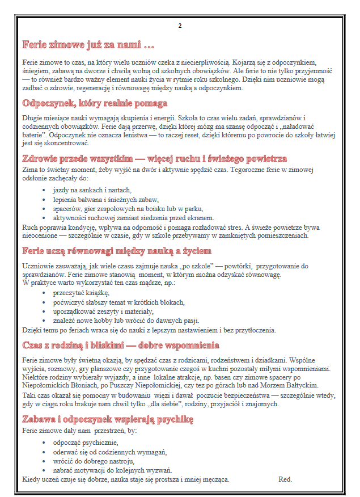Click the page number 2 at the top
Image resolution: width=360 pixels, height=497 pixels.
coord(180,26)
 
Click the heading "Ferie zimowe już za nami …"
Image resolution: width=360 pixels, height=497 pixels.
coord(88,44)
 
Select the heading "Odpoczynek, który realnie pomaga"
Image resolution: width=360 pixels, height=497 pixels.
coord(95,103)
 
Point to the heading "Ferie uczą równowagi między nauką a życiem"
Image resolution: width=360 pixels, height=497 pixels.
coord(116,251)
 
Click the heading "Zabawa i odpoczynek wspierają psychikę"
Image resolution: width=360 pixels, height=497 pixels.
coord(108,420)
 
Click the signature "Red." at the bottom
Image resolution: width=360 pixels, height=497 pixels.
coord(285,479)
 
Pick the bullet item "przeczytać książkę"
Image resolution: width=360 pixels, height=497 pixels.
coord(81,293)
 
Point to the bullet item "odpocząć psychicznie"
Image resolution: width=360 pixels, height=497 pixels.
coord(85,443)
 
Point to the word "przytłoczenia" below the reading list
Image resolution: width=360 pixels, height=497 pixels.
coord(252,330)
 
